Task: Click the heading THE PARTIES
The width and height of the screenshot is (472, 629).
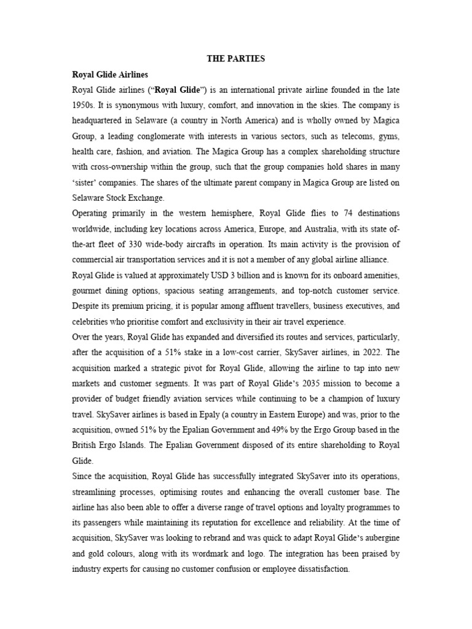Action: pos(235,59)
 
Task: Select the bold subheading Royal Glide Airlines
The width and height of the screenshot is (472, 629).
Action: pos(110,75)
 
